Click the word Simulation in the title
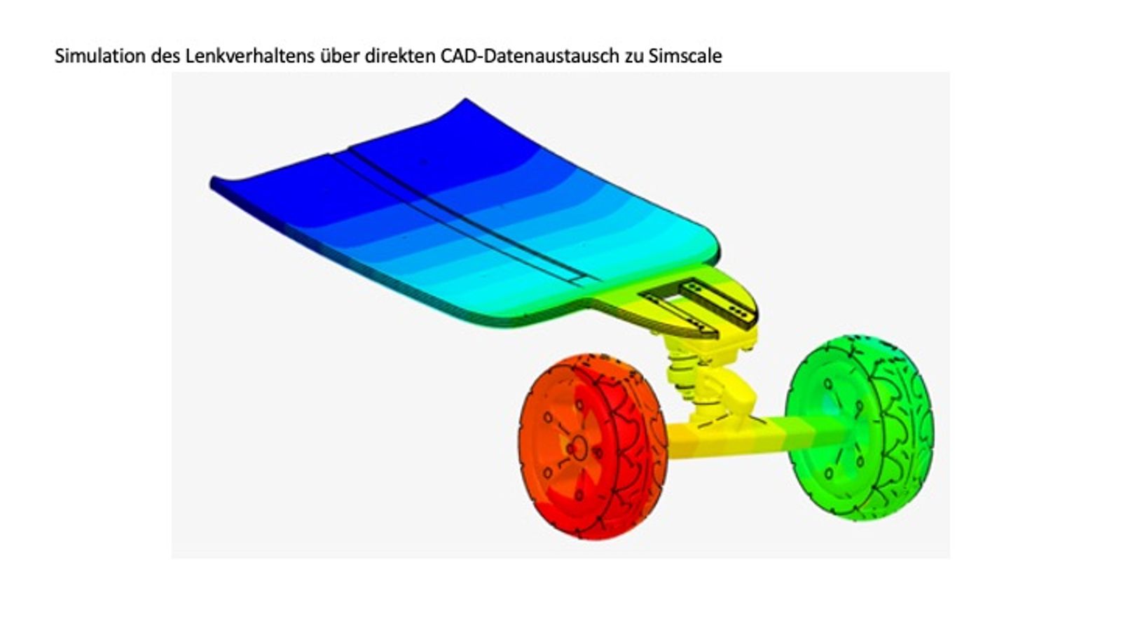(x=100, y=56)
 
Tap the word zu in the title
(x=634, y=56)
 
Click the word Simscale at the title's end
(x=686, y=56)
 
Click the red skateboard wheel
(x=593, y=447)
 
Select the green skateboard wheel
(x=859, y=428)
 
